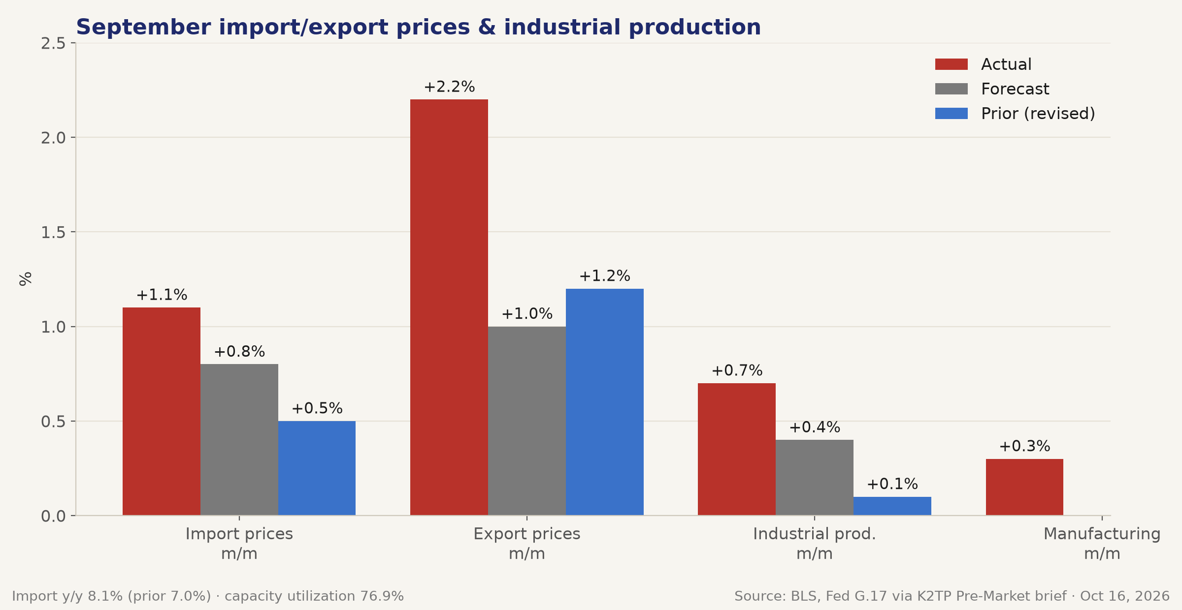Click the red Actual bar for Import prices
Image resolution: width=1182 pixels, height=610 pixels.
pos(162,411)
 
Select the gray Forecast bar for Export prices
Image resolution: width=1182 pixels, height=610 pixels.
pos(527,421)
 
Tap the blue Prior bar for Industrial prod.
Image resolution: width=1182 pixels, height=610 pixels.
pos(892,506)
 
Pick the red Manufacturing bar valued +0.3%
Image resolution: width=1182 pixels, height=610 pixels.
pos(1024,487)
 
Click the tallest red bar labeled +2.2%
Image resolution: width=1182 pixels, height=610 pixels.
pos(449,307)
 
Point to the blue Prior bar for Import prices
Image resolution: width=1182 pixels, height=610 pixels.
pos(317,468)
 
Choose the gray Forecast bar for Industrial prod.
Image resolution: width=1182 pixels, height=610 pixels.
pos(815,478)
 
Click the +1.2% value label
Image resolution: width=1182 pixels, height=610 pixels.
pos(605,276)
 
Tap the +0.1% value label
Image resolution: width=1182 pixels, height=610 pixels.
pos(892,484)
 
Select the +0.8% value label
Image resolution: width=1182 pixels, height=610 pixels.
pos(239,352)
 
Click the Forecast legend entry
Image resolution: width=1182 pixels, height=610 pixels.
pos(992,89)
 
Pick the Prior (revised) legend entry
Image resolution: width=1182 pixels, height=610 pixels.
pos(1015,114)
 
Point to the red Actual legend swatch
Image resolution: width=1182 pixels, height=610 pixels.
pos(952,64)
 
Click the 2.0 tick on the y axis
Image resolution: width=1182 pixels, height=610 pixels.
pos(53,138)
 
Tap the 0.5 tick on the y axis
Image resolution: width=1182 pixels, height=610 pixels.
pos(53,422)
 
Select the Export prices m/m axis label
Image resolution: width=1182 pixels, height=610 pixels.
pos(527,544)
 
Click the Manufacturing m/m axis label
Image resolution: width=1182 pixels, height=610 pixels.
pos(1102,544)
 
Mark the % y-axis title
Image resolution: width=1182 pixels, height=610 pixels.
pos(26,279)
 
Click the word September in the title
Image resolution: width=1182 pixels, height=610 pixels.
pos(143,28)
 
